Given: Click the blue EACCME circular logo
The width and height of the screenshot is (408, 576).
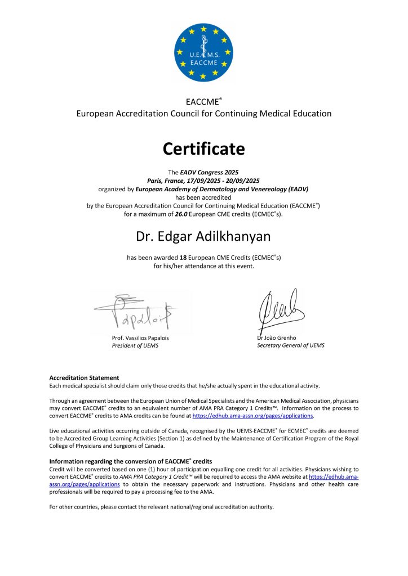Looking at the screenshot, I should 203,52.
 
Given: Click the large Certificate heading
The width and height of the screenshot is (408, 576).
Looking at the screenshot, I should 203,149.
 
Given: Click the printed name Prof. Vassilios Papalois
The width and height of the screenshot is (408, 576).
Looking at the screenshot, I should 140,337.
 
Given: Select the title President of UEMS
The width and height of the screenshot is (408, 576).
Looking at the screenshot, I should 135,345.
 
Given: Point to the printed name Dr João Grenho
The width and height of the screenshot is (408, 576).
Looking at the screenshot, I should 276,337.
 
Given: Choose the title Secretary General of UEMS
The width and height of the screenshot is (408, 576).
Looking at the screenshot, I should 291,345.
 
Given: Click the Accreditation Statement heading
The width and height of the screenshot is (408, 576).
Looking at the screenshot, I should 84,377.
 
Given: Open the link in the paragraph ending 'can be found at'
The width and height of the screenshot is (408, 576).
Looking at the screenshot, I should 252,416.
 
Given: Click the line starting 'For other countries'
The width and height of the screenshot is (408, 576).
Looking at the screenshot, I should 162,507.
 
